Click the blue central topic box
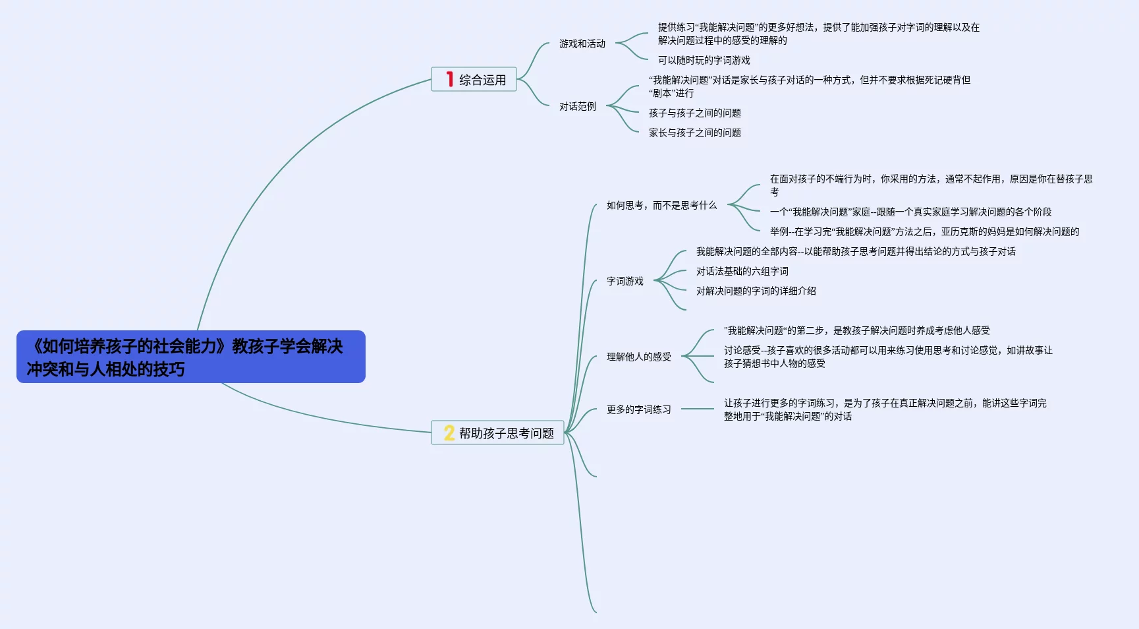(x=190, y=357)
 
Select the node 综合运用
(x=482, y=80)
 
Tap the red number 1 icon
(x=449, y=79)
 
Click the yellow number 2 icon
(x=449, y=433)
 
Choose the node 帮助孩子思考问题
(x=506, y=433)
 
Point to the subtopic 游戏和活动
(x=582, y=44)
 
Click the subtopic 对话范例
(x=577, y=106)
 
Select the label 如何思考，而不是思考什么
(x=661, y=205)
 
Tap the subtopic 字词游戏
(x=625, y=281)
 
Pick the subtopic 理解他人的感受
(x=638, y=357)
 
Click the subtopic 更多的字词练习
(x=638, y=409)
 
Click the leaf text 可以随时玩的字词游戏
(x=704, y=60)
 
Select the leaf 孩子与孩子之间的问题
(x=694, y=113)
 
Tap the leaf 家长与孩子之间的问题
(x=694, y=133)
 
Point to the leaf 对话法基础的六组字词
(x=742, y=271)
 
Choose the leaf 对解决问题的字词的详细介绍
(x=756, y=291)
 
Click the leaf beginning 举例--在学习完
(x=924, y=231)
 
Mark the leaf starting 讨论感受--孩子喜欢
(x=887, y=357)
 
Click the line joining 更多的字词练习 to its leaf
(x=697, y=409)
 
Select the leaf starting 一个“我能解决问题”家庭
(x=910, y=212)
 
